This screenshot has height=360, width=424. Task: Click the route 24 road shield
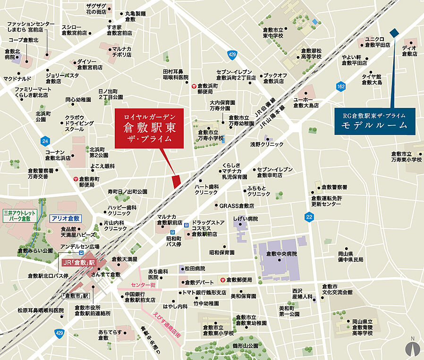tap(45, 141)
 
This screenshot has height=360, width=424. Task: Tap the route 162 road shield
tap(341, 86)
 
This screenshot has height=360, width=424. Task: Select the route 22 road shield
tap(309, 217)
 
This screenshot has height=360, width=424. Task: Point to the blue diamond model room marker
tap(394, 33)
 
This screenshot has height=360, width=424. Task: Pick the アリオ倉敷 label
tap(66, 218)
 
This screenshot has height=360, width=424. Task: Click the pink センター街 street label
tap(144, 285)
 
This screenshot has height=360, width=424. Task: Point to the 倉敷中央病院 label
tap(281, 254)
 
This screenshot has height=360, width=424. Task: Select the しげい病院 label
tap(246, 218)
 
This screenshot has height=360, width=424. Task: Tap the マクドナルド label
tap(18, 78)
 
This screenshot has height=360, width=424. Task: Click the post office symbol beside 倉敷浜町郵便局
tap(194, 86)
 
